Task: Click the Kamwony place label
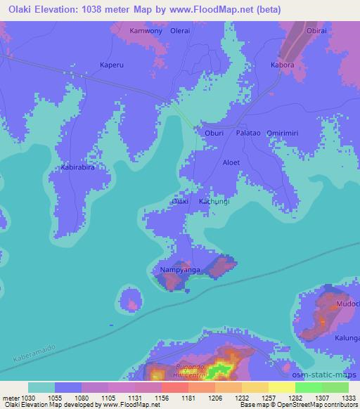click(x=146, y=32)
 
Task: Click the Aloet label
click(x=231, y=162)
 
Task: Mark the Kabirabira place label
click(x=78, y=168)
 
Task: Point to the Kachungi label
click(x=214, y=202)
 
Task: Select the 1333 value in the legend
click(x=348, y=398)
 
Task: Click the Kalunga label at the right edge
click(x=347, y=338)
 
